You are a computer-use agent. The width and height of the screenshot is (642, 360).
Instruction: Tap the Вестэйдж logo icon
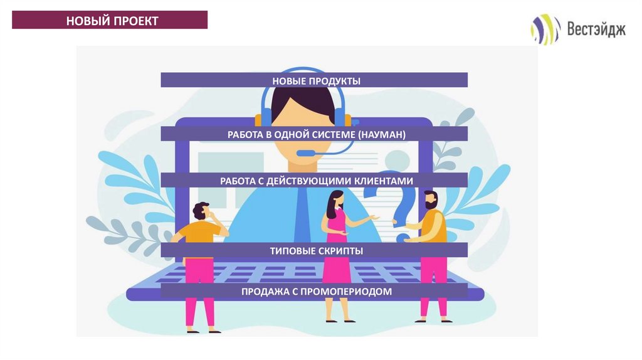point(545,29)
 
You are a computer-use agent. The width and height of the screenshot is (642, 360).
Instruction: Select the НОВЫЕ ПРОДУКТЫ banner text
point(316,81)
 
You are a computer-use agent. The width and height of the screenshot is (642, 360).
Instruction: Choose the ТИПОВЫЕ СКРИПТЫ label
point(316,251)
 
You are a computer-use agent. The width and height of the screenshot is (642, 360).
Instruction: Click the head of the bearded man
point(430,200)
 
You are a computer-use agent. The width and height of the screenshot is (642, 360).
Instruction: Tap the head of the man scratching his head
point(201,211)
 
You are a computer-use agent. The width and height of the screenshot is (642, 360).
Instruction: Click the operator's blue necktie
point(302,213)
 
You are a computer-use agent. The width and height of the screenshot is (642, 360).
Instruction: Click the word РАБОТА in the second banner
point(245,135)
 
